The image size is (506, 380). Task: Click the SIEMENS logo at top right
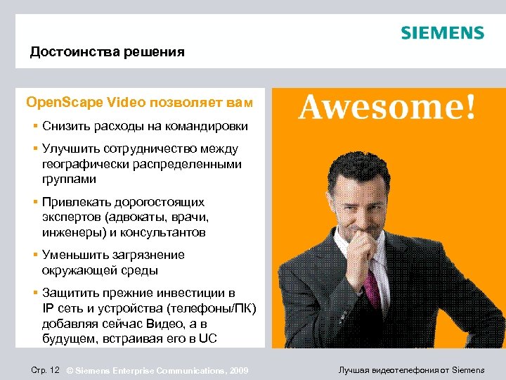coord(442,33)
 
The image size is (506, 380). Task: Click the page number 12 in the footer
coord(53,370)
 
